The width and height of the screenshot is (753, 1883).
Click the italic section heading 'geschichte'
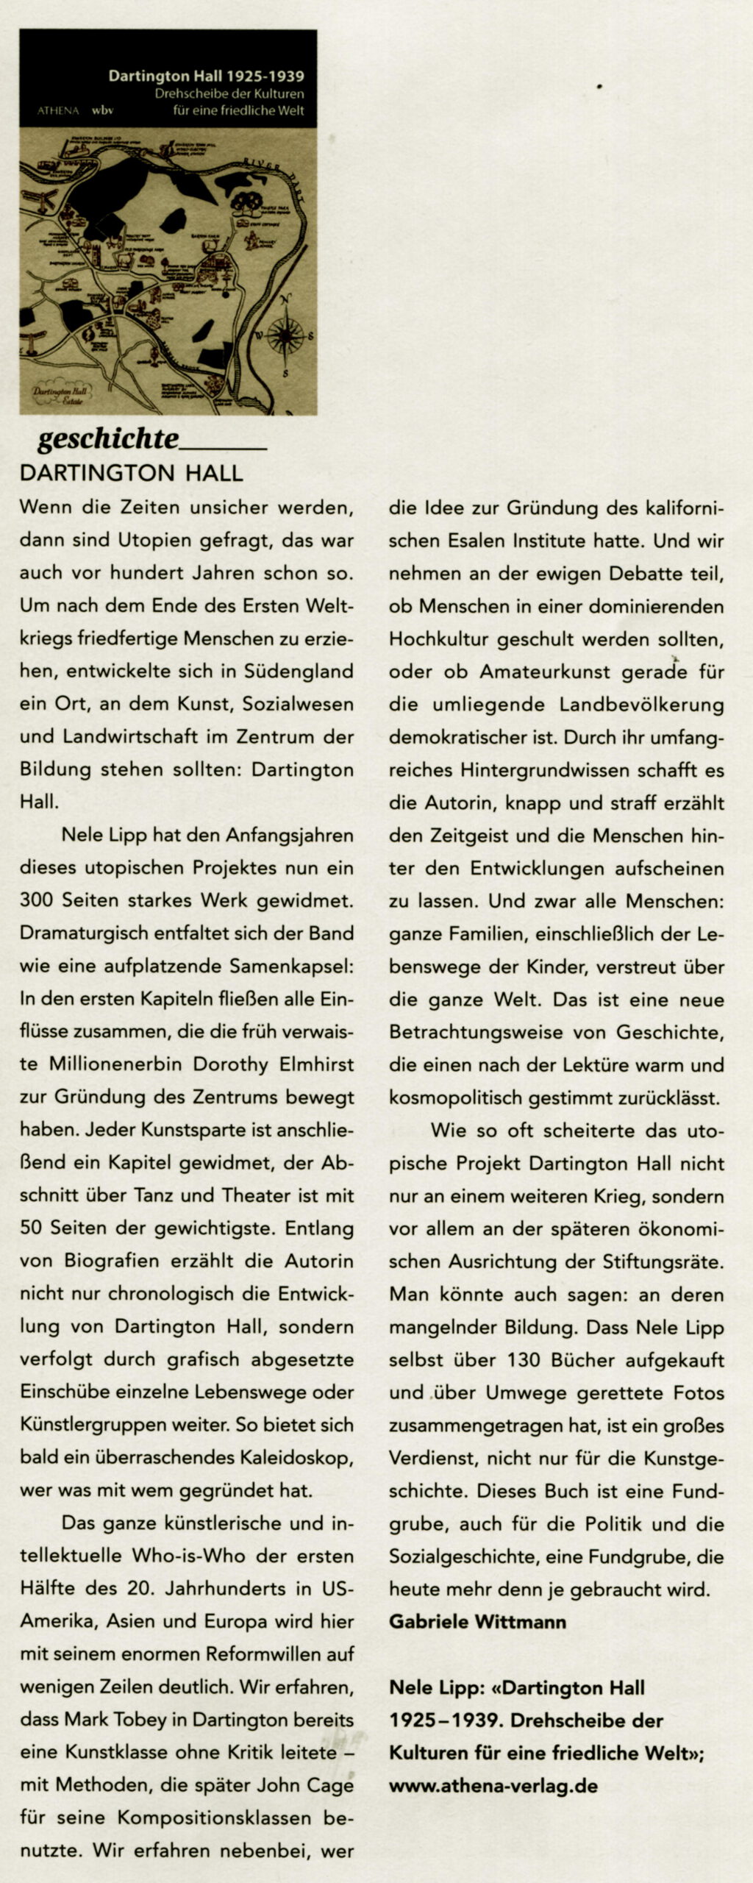point(107,438)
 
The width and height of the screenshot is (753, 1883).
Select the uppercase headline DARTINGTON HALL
point(131,472)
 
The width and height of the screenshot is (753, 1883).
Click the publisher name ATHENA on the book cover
point(58,111)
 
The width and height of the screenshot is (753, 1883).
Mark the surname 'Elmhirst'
point(315,1064)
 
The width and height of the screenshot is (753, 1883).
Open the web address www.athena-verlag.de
point(493,1785)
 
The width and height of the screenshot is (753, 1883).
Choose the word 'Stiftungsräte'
point(661,1261)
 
